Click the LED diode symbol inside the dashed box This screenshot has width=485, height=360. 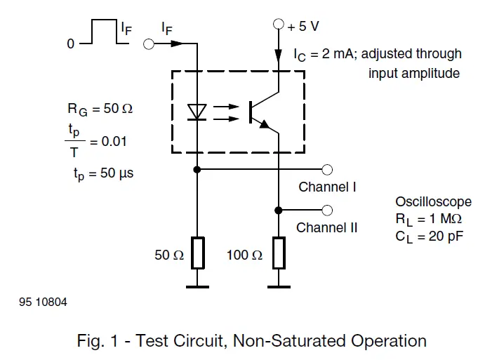point(198,111)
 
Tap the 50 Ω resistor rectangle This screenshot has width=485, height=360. point(198,253)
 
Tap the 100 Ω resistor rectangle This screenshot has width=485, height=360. point(279,253)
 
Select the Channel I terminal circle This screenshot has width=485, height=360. point(327,170)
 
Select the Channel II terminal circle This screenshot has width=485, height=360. point(327,211)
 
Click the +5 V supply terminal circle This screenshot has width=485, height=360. point(279,25)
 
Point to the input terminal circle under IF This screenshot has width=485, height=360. point(149,44)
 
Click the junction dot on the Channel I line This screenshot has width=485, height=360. point(198,170)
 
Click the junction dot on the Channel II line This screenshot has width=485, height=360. point(279,211)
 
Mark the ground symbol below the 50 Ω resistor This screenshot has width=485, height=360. point(198,286)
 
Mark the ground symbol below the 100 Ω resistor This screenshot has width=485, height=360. point(279,286)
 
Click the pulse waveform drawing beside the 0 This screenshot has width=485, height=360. point(105,35)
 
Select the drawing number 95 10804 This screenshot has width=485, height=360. point(39,302)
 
